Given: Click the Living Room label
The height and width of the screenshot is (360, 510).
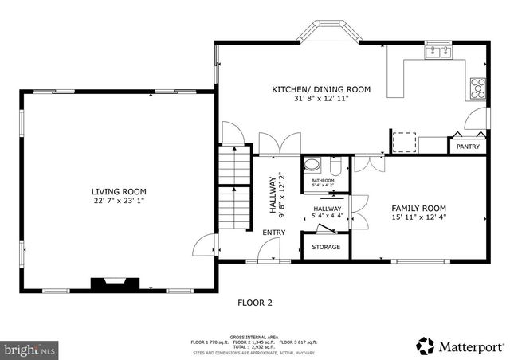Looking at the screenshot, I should click(119, 190).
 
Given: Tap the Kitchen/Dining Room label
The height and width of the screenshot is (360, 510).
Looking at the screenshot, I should click(321, 90).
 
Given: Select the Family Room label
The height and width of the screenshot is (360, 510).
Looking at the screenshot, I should click(420, 206).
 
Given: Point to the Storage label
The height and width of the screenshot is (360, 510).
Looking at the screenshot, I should click(326, 247).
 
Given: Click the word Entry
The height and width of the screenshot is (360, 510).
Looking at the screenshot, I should click(274, 232).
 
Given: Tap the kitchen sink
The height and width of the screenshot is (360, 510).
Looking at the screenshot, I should click(437, 53).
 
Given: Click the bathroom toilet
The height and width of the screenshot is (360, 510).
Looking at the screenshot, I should click(335, 167).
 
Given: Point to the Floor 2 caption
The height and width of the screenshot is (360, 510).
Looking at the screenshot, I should click(255, 303).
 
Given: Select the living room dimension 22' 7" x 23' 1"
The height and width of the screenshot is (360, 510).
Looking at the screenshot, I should click(119, 201).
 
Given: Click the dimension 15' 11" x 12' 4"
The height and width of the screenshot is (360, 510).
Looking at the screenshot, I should click(420, 217).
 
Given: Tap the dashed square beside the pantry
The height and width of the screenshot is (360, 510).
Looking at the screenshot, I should click(405, 141).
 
